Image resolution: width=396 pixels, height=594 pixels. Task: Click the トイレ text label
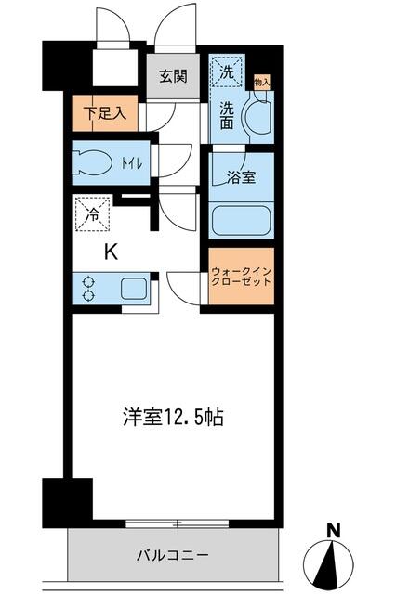click(x=129, y=163)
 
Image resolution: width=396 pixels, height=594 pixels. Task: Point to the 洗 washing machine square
click(x=226, y=69)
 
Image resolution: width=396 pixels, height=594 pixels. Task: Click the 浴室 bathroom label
click(x=242, y=178)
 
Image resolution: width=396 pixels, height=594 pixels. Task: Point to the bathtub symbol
click(x=242, y=220)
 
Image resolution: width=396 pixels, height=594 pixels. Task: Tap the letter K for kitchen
click(x=110, y=251)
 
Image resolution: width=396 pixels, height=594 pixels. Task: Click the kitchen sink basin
click(x=132, y=288)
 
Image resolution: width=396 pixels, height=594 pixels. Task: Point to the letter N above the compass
click(x=333, y=532)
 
